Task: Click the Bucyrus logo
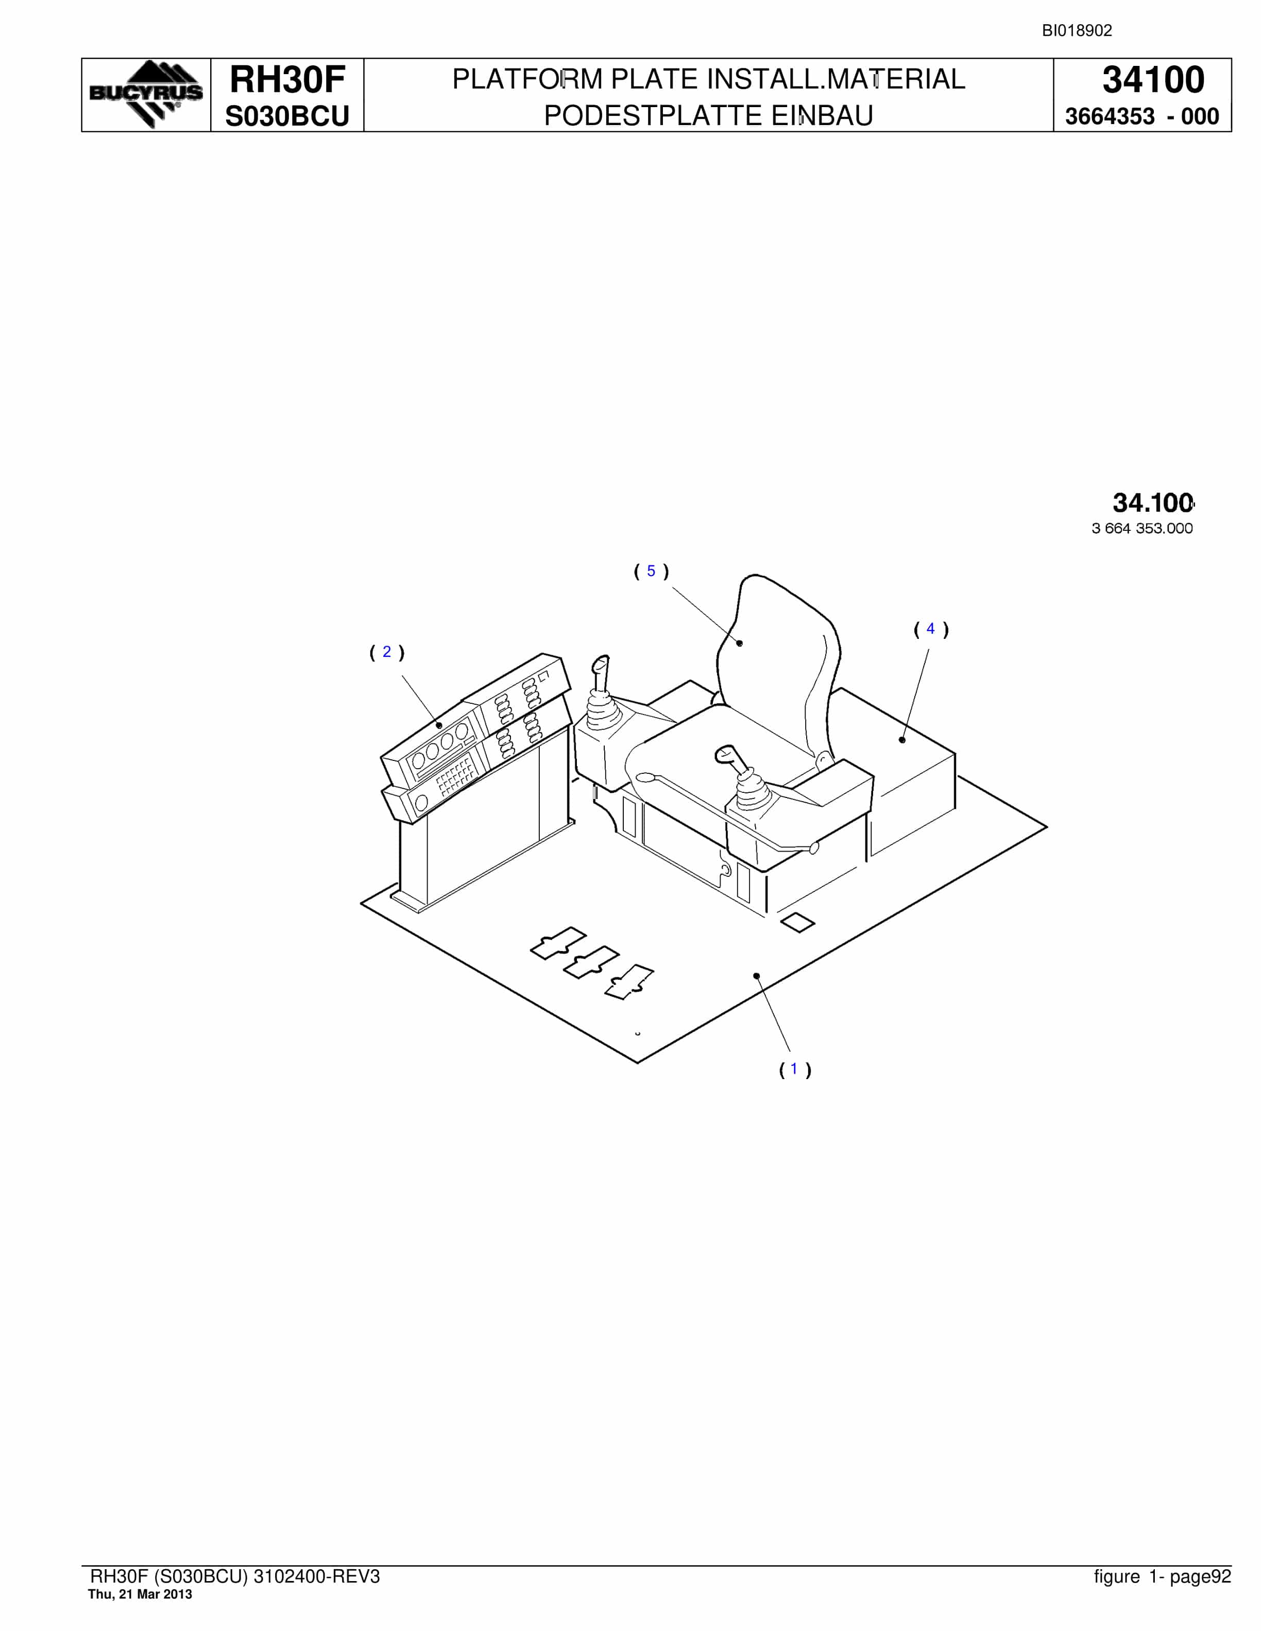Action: pos(146,94)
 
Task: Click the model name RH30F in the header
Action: pos(287,79)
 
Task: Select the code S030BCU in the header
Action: pos(287,116)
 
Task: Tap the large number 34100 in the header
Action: pos(1153,79)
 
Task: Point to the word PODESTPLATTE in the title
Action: pos(649,116)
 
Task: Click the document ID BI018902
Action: pos(1077,30)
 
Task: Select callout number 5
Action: pos(651,571)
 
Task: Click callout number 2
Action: pos(387,652)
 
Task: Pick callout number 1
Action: pos(795,1069)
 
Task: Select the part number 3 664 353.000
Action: pos(1142,529)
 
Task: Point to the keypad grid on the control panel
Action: pos(454,777)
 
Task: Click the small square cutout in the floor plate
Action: pos(797,922)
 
